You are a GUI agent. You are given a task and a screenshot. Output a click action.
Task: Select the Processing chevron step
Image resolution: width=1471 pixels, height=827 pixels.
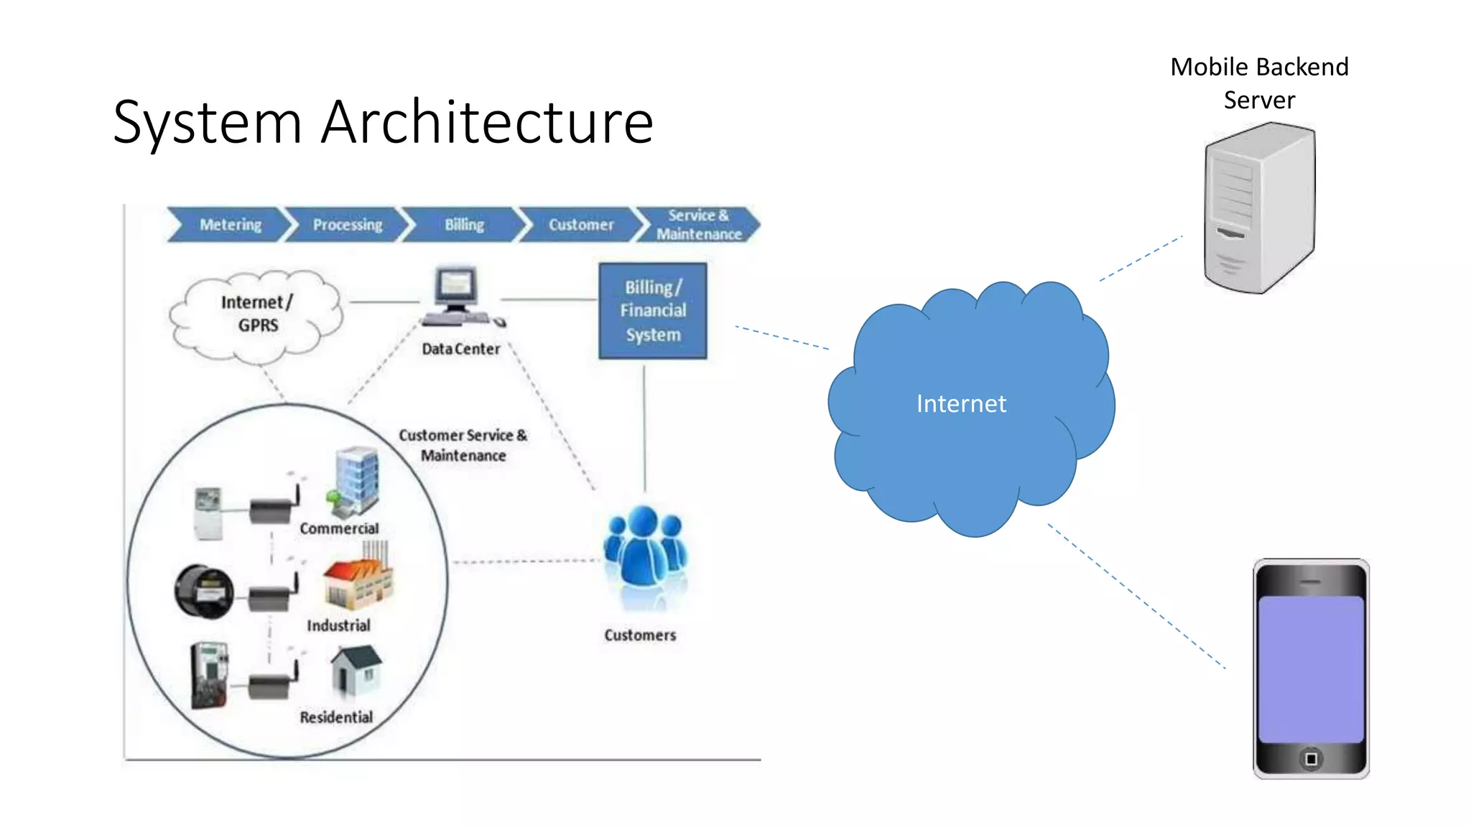pos(348,225)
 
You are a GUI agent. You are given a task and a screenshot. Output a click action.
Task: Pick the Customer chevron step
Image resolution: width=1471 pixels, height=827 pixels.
pos(581,225)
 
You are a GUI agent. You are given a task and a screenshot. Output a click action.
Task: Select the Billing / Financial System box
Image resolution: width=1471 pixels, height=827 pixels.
pos(653,311)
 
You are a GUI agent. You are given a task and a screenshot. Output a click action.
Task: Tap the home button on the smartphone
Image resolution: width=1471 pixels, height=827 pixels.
pos(1311,759)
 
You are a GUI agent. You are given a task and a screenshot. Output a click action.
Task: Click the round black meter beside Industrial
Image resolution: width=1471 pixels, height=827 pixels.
pos(205,592)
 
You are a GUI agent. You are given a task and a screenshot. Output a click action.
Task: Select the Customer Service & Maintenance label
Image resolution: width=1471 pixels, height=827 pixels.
pos(463,445)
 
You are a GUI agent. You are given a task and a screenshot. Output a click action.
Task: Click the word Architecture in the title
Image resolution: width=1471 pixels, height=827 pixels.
pos(487,122)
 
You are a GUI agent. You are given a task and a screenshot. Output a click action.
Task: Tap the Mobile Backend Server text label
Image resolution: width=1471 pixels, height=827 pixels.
pos(1259,83)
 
